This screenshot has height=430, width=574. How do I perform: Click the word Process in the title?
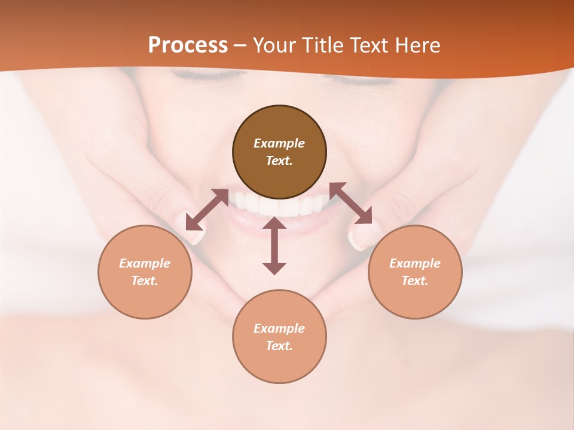(188, 45)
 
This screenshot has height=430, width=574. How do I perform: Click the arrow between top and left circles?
(207, 210)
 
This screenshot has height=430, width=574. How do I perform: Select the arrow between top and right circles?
(351, 203)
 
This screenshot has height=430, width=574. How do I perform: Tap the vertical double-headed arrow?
(274, 245)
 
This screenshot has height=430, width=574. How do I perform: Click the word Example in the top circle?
(279, 143)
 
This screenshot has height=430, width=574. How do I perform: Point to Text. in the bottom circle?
(279, 346)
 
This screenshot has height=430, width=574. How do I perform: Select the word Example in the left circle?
(145, 263)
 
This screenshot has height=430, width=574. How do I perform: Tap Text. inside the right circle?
(415, 281)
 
